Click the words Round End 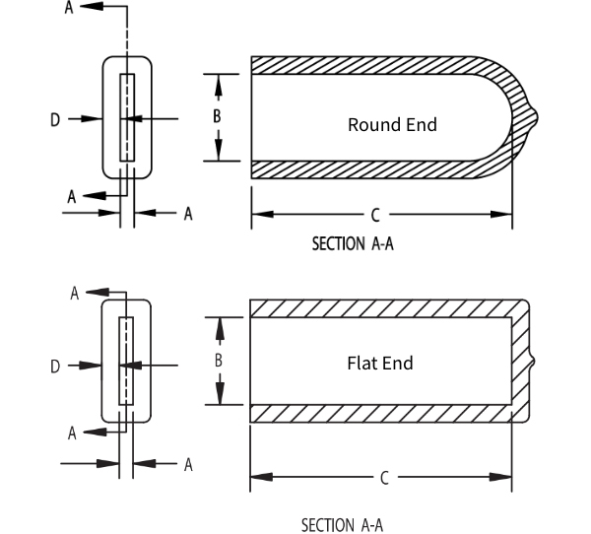pos(392,125)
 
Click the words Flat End pos(380,363)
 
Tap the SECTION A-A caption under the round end pos(353,244)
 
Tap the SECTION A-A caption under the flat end pos(342,524)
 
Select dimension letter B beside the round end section pos(219,115)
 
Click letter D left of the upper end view pos(55,119)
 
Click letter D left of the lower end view pos(55,367)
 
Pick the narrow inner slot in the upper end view pos(127,117)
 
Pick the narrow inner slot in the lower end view pos(125,362)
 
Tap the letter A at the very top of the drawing pos(68,7)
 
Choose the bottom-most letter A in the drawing pos(187,464)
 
